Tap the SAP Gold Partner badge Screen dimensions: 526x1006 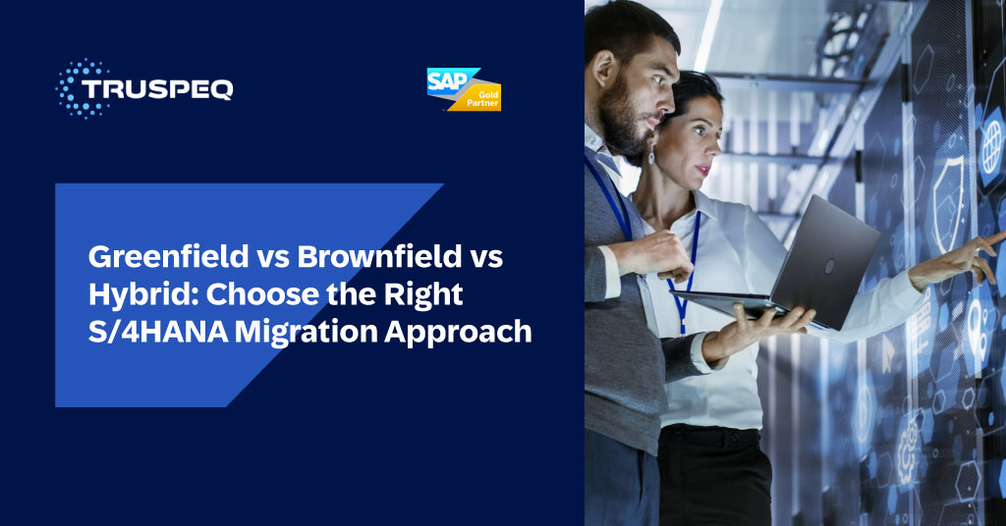pyautogui.click(x=464, y=89)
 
